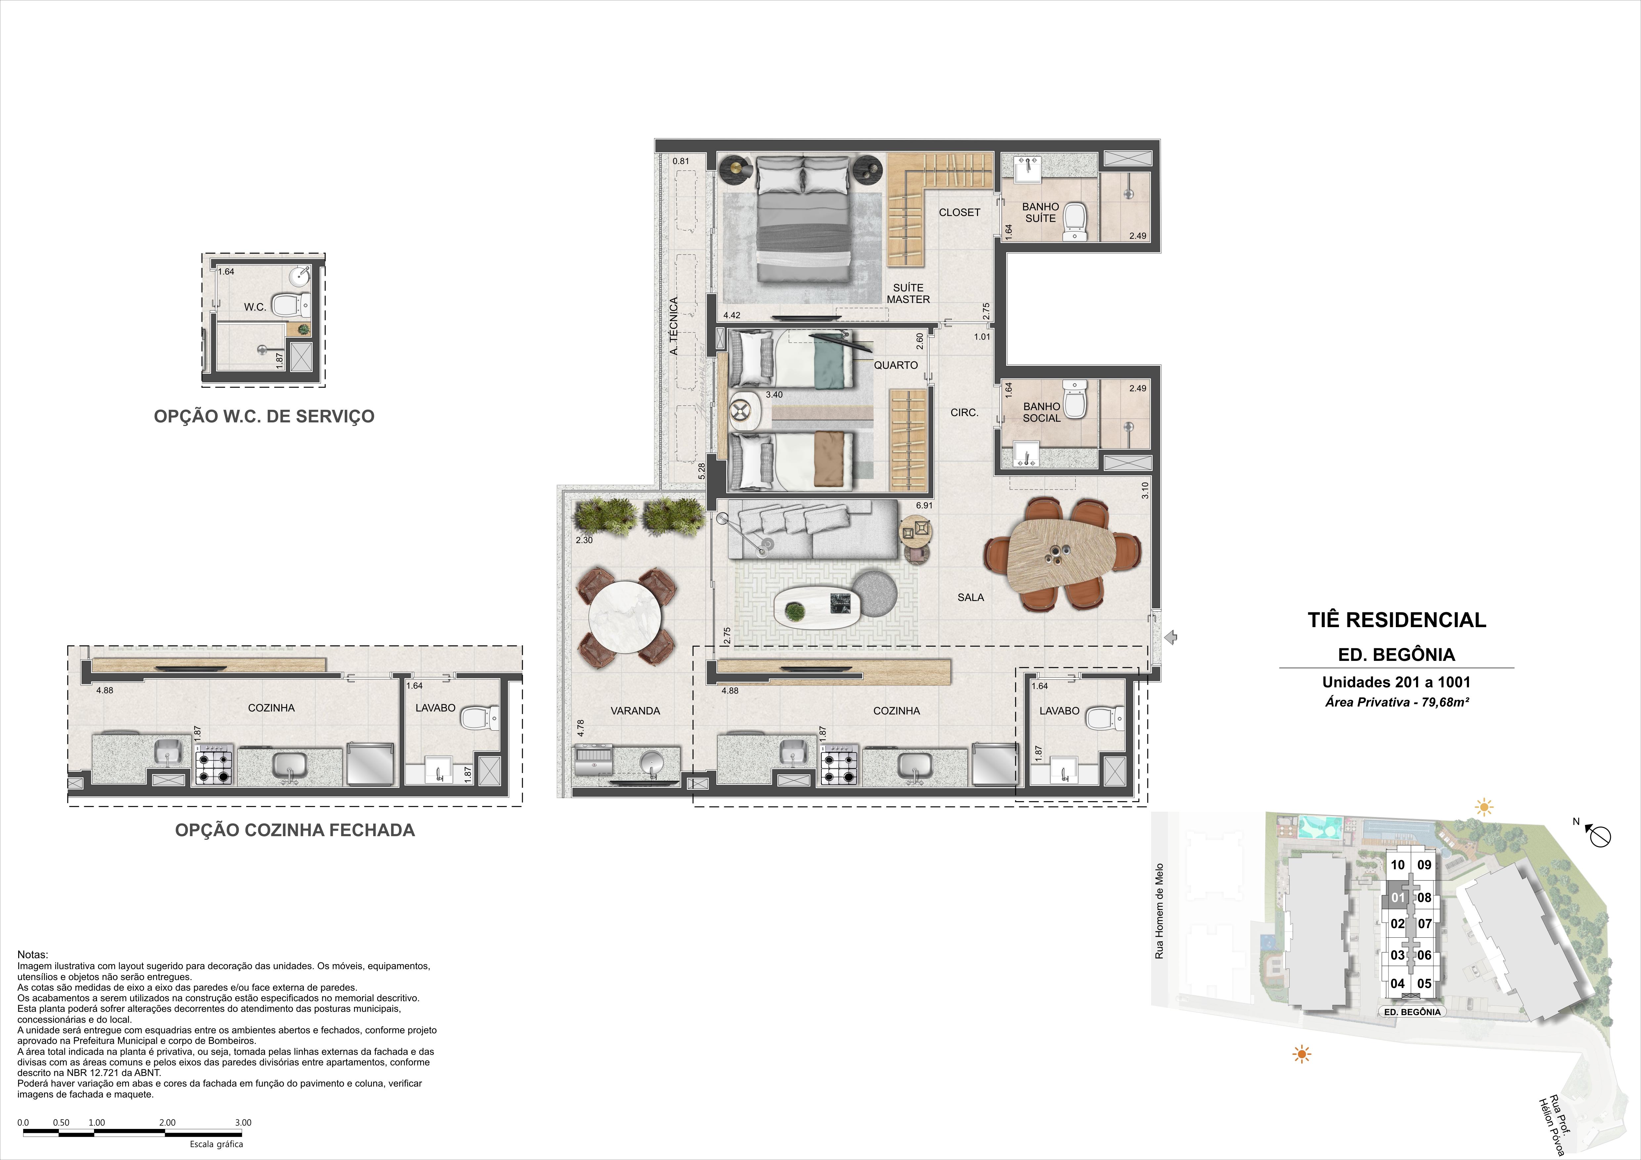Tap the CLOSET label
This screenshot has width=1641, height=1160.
click(x=959, y=212)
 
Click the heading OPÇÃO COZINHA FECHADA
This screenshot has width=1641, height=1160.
click(x=294, y=830)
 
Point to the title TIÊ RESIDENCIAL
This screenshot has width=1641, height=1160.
click(x=1397, y=620)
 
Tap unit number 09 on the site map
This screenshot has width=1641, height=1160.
click(x=1424, y=865)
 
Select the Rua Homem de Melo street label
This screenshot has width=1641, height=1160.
click(x=1159, y=911)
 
